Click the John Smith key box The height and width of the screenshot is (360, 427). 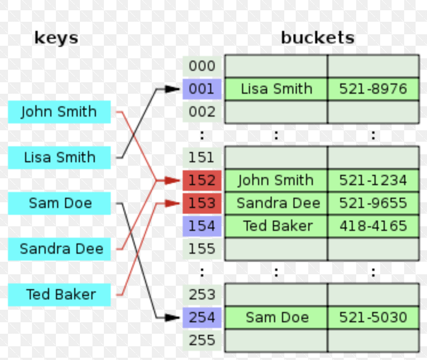pyautogui.click(x=59, y=112)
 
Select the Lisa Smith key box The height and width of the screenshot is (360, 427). pyautogui.click(x=59, y=158)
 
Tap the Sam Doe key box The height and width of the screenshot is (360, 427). pyautogui.click(x=60, y=203)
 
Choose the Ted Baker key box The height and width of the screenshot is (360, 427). pyautogui.click(x=60, y=295)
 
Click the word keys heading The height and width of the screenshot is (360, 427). pyautogui.click(x=56, y=38)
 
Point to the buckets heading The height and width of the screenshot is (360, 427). pyautogui.click(x=317, y=38)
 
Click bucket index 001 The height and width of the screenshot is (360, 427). pyautogui.click(x=202, y=89)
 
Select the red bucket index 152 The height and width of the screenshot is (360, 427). pyautogui.click(x=202, y=181)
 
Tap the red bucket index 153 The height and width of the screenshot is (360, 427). pyautogui.click(x=202, y=203)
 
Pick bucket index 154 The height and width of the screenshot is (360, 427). pyautogui.click(x=202, y=226)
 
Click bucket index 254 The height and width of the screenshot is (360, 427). pyautogui.click(x=202, y=318)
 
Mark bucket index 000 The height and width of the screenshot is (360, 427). pyautogui.click(x=202, y=66)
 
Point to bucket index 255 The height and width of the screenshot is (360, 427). pyautogui.click(x=202, y=341)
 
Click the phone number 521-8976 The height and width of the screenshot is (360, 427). pyautogui.click(x=373, y=89)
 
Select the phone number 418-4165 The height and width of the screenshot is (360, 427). pyautogui.click(x=373, y=226)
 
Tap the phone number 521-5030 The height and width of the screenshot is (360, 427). pyautogui.click(x=373, y=318)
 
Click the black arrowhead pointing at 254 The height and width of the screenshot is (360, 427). pyautogui.click(x=172, y=318)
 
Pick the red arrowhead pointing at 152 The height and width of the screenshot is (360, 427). pyautogui.click(x=172, y=181)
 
